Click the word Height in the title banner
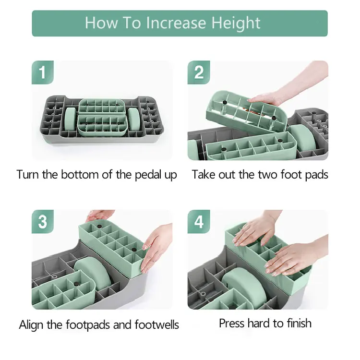pos(236,24)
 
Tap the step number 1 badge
pos(43,72)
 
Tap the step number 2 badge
pos(199,72)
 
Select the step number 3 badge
pos(43,222)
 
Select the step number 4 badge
pos(199,222)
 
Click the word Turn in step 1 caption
pos(28,174)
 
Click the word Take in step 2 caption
pos(204,174)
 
